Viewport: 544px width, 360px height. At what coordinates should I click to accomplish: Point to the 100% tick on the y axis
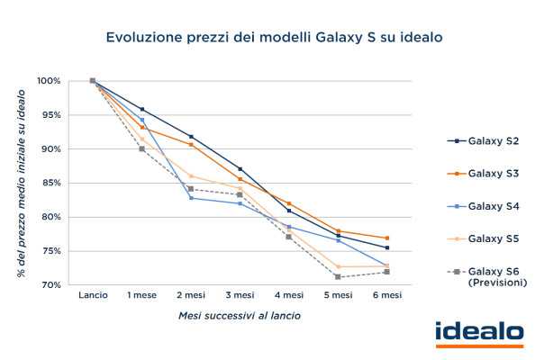click(49, 81)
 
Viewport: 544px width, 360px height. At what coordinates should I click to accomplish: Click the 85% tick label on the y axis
click(50, 183)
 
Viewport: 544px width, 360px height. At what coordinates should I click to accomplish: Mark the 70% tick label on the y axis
click(50, 284)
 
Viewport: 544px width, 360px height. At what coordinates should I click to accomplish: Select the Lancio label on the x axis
click(93, 295)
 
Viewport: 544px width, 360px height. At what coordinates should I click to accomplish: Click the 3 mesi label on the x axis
click(240, 295)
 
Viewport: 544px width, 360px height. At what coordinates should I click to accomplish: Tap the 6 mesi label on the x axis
click(386, 295)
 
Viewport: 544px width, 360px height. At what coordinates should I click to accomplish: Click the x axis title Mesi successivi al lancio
click(239, 316)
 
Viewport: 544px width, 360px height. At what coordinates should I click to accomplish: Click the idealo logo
click(478, 333)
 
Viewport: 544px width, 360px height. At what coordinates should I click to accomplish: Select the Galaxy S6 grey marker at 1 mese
click(141, 148)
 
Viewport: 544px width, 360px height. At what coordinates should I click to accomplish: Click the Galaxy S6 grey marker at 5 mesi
click(337, 276)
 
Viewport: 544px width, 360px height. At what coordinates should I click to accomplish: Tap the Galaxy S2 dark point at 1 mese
click(141, 109)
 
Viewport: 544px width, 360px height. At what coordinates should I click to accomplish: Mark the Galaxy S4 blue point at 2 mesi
click(191, 197)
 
